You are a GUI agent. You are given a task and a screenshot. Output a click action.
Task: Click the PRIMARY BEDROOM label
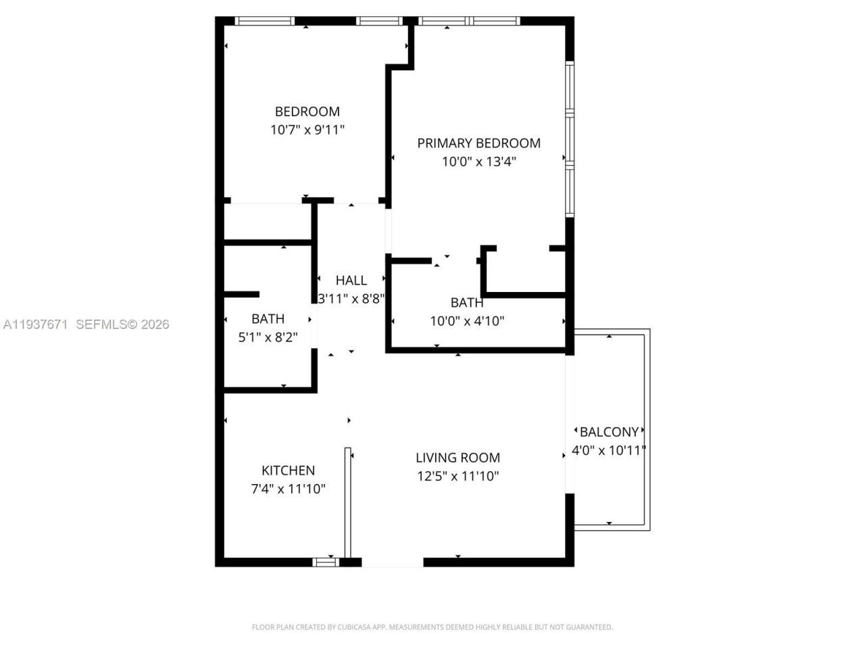point(478,143)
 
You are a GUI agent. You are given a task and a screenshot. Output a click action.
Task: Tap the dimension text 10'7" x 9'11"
point(307,130)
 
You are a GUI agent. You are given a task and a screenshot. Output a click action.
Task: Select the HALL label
point(351,281)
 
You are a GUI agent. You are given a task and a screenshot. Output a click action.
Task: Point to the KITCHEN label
point(288,471)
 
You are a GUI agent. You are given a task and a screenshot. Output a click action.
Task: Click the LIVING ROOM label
point(458,458)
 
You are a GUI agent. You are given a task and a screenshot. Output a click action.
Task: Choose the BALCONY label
point(609,432)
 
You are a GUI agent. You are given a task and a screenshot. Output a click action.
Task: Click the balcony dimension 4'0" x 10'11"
point(609,450)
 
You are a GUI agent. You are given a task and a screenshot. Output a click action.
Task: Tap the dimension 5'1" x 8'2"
point(268,337)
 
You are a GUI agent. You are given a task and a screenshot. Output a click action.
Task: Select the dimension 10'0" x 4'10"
point(467,321)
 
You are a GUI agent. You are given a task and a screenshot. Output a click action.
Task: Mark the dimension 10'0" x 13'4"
point(478,162)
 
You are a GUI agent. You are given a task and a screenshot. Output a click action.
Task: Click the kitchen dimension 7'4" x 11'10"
point(288,489)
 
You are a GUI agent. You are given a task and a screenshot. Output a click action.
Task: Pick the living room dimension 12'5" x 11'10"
point(458,476)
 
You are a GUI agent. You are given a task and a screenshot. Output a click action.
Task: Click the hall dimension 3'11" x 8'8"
point(351,299)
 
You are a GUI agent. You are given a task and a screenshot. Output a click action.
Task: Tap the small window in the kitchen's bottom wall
point(325,561)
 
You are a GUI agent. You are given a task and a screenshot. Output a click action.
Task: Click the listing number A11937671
point(35,324)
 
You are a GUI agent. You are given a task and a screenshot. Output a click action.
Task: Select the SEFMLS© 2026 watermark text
point(122,324)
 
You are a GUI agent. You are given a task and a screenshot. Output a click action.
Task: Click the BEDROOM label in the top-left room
point(307,112)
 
